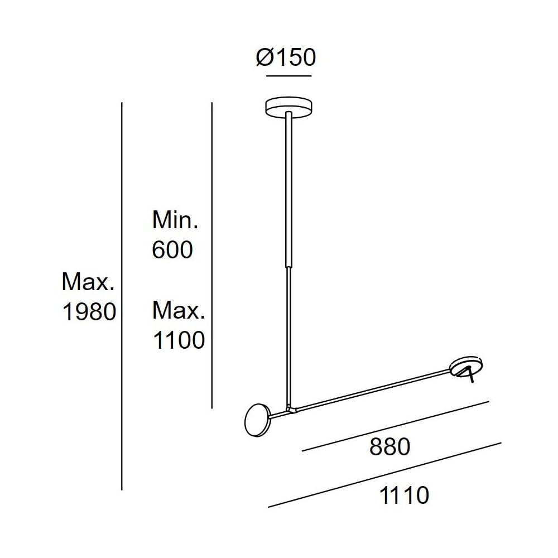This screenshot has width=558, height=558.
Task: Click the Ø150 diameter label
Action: (x=286, y=57)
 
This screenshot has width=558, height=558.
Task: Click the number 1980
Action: (x=89, y=313)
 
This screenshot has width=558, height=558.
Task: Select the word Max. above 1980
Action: (x=88, y=283)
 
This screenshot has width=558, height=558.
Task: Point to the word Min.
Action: (x=175, y=221)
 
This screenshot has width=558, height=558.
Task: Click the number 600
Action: (x=172, y=250)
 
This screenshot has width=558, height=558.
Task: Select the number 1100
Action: (x=179, y=340)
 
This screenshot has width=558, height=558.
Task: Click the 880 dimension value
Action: (x=390, y=446)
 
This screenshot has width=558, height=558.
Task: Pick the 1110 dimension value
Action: (x=403, y=494)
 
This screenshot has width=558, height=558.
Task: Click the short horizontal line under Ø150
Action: (x=290, y=75)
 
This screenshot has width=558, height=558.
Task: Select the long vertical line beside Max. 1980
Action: (x=122, y=296)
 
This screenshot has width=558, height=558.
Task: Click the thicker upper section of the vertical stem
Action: (x=289, y=190)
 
